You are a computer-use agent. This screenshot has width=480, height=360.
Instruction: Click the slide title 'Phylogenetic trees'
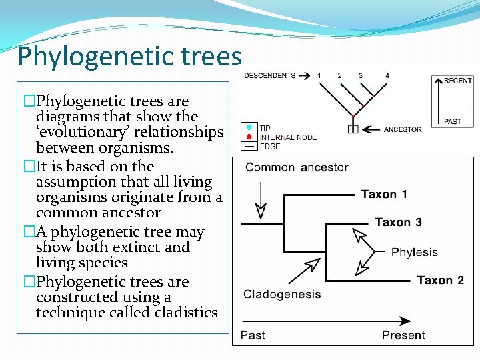(129, 56)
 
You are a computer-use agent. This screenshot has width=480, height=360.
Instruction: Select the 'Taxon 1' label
(384, 195)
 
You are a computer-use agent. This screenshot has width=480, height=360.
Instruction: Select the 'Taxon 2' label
(440, 280)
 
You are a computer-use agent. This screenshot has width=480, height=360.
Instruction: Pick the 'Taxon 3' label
(398, 223)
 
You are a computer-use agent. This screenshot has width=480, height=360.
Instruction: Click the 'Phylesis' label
(414, 252)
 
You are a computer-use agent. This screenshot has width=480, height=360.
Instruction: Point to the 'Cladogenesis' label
(282, 294)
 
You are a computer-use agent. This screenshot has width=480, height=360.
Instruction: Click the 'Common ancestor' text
(297, 167)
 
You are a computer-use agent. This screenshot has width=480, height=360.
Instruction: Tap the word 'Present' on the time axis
(403, 335)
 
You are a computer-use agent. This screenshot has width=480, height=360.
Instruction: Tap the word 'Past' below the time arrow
(253, 335)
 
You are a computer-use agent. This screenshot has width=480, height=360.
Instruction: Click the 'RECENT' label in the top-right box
(458, 81)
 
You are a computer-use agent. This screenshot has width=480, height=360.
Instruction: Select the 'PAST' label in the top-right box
(453, 121)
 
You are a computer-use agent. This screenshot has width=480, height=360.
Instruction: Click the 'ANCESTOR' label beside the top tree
(403, 129)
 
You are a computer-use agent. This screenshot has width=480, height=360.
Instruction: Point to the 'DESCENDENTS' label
(269, 75)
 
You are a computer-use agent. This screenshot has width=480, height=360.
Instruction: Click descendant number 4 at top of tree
(387, 75)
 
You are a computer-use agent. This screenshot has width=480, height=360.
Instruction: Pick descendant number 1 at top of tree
(319, 75)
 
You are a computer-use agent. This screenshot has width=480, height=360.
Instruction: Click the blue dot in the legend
(249, 127)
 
